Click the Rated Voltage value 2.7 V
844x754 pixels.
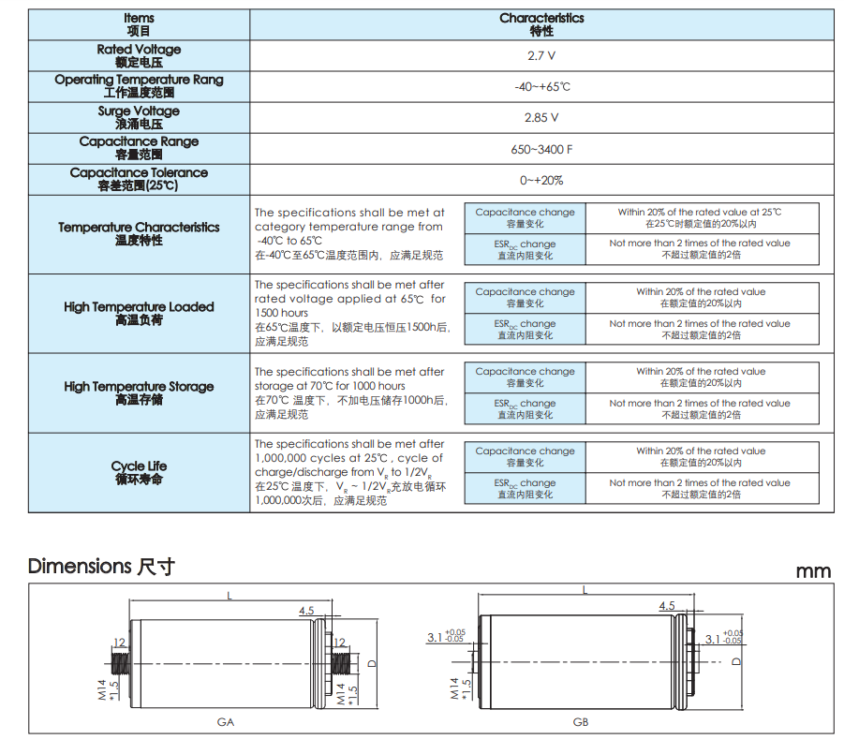541,56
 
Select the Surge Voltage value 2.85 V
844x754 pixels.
541,118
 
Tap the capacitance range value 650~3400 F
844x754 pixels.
541,149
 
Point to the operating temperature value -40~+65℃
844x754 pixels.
541,87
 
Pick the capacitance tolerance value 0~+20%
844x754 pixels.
541,180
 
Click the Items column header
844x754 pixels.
139,24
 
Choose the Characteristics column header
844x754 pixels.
541,24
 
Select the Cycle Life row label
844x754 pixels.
139,472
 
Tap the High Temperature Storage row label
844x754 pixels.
139,392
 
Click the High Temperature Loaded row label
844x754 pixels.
139,313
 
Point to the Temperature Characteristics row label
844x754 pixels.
139,233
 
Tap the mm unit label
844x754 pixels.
813,571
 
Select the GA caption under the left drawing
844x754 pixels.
226,722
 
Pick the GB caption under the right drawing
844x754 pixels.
581,722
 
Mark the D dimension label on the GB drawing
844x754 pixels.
735,661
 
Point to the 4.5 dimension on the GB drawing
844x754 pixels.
666,607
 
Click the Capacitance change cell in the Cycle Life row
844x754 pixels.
525,456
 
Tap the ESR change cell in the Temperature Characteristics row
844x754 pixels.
525,249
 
